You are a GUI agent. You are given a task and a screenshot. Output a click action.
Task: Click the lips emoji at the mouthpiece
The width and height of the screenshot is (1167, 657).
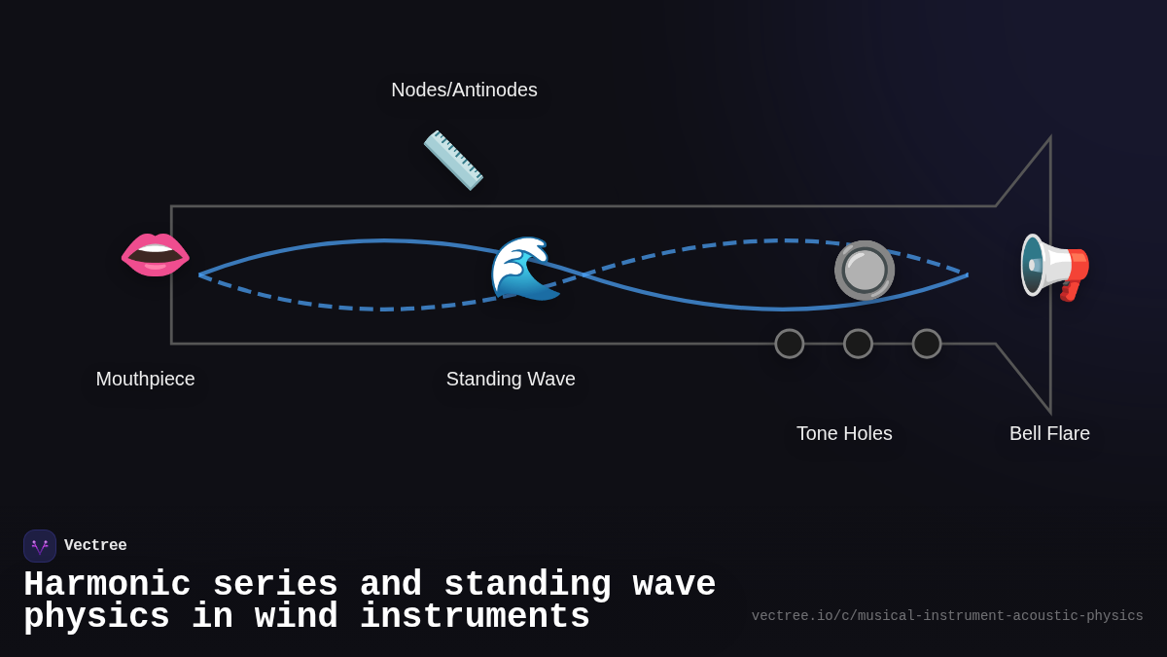click(x=155, y=254)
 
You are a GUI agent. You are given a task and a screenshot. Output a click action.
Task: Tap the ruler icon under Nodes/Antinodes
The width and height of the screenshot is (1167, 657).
click(x=453, y=160)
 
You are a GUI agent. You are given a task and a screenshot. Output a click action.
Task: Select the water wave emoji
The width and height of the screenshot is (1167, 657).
click(x=524, y=268)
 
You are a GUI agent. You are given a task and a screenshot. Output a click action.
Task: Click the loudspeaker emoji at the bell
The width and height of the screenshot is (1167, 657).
click(x=1054, y=267)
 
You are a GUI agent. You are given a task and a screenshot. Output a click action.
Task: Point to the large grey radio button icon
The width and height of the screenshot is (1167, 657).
click(x=864, y=270)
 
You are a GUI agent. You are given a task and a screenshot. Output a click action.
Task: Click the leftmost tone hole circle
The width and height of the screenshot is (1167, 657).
click(x=790, y=344)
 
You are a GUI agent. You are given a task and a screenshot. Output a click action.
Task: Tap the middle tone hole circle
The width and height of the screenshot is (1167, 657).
click(x=858, y=344)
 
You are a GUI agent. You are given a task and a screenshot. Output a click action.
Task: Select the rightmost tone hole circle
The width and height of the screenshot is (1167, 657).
click(x=927, y=344)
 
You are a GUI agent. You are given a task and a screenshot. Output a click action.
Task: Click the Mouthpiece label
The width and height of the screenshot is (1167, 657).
click(x=145, y=379)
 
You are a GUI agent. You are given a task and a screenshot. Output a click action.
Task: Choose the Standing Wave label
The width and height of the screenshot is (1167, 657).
click(x=511, y=379)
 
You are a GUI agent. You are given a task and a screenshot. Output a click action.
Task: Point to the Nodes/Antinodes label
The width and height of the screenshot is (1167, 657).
click(x=464, y=90)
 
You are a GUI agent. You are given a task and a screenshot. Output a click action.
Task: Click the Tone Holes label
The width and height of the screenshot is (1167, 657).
click(x=844, y=433)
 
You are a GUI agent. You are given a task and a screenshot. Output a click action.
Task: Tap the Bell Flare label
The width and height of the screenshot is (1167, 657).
click(x=1049, y=433)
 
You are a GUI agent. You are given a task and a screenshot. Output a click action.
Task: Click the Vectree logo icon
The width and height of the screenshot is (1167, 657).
click(x=40, y=546)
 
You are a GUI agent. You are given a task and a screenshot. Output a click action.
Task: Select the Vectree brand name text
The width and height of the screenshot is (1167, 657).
click(x=95, y=546)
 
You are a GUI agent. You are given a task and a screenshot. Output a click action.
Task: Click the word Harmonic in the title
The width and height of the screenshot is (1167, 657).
click(x=107, y=585)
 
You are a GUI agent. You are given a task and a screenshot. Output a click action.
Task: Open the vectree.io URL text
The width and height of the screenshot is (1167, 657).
click(x=947, y=616)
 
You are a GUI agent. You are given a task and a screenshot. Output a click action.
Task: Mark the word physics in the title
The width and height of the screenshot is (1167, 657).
click(x=96, y=617)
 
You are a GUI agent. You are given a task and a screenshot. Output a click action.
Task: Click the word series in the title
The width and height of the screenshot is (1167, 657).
click(x=275, y=585)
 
